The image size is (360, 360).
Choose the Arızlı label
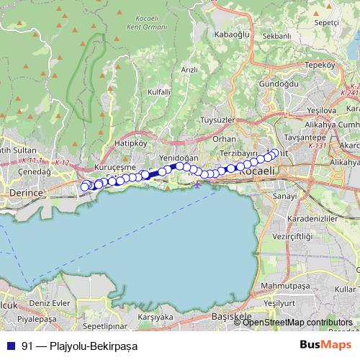pos(189,70)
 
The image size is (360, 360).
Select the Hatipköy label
pos(130,143)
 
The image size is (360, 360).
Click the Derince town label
pos(27,194)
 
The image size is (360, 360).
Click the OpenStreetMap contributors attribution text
pos(298,323)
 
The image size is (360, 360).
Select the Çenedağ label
pos(34,172)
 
